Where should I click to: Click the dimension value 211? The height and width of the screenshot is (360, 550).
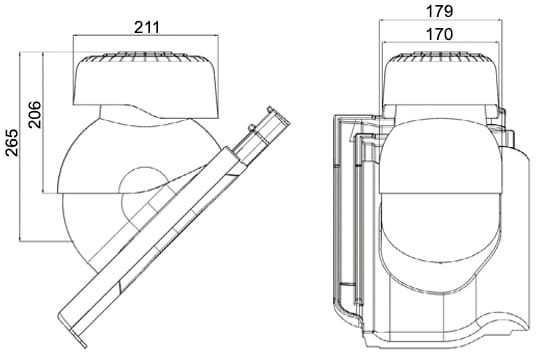tap(147, 27)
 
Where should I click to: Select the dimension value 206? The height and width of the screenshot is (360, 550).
tap(35, 114)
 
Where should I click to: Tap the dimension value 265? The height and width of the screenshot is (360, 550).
tap(12, 142)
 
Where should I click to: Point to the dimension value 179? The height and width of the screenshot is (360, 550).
tap(439, 11)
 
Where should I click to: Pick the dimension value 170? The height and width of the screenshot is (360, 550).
tap(439, 34)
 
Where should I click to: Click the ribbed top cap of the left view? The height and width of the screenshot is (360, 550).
tap(146, 57)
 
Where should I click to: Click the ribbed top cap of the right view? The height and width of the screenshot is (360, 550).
tap(440, 57)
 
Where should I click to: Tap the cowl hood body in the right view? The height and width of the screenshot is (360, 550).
tap(440, 82)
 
